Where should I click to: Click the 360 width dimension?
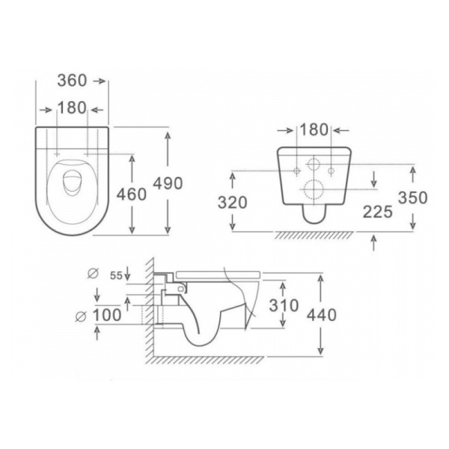pyautogui.click(x=72, y=81)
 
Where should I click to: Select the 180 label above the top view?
pyautogui.click(x=72, y=108)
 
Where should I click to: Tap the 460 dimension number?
pyautogui.click(x=132, y=195)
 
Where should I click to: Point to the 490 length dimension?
pyautogui.click(x=168, y=183)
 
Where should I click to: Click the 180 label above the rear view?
pyautogui.click(x=314, y=129)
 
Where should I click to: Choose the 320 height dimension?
pyautogui.click(x=233, y=203)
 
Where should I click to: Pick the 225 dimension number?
pyautogui.click(x=378, y=213)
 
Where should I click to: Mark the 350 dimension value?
pyautogui.click(x=412, y=198)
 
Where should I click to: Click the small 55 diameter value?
pyautogui.click(x=116, y=275)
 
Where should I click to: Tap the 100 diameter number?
pyautogui.click(x=107, y=315)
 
